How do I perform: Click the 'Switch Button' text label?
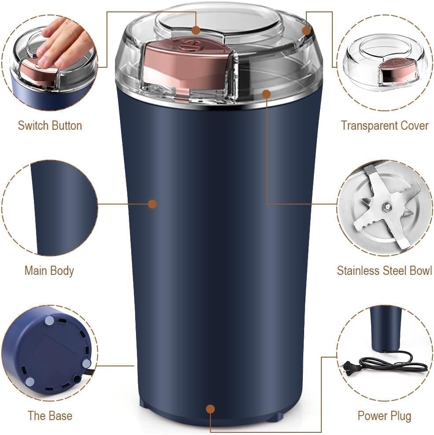point(50,125)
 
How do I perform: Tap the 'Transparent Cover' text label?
point(384,125)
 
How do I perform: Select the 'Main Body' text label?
point(49,270)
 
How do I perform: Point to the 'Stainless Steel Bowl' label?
point(384,270)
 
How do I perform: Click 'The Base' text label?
point(50,415)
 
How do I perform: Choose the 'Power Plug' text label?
point(384,415)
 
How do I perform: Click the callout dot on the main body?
point(152,204)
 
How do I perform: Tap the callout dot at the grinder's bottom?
point(210,409)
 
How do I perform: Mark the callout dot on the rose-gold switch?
point(196,30)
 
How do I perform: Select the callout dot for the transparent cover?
point(307,30)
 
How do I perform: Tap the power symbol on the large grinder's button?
point(196,44)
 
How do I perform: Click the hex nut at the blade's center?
point(386,205)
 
